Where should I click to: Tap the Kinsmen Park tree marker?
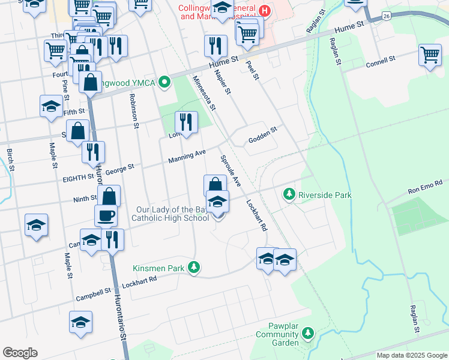pyautogui.click(x=193, y=267)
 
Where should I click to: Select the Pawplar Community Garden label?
pyautogui.click(x=277, y=338)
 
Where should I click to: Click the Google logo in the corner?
pyautogui.click(x=20, y=353)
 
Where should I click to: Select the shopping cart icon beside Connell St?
pyautogui.click(x=430, y=55)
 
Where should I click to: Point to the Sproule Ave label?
pyautogui.click(x=230, y=171)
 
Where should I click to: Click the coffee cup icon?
pyautogui.click(x=106, y=215)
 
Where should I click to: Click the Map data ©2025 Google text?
pyautogui.click(x=412, y=355)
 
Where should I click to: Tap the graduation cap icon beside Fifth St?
pyautogui.click(x=52, y=106)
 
